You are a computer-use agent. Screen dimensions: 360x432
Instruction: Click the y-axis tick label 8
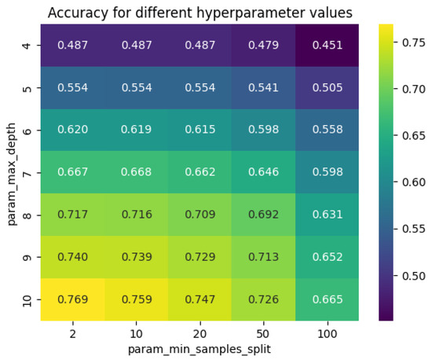28,215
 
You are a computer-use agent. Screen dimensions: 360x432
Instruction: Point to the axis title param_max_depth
11,172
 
